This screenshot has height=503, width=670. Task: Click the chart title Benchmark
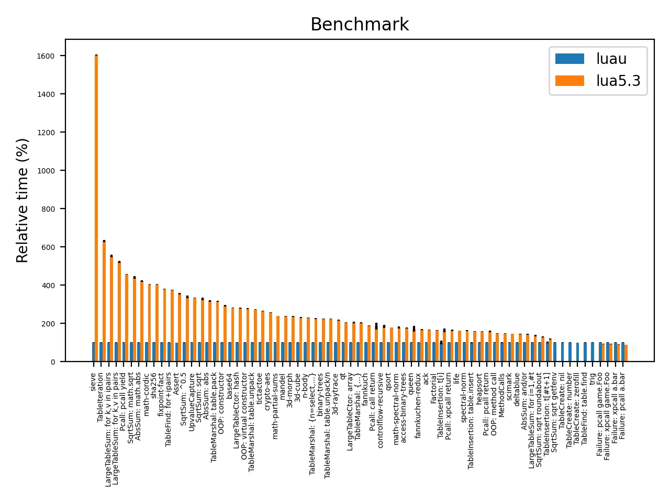[x=360, y=25]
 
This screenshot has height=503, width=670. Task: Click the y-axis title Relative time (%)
[x=23, y=200]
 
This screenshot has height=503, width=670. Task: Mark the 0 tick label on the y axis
[x=53, y=362]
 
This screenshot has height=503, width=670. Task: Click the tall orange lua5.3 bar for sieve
[x=96, y=210]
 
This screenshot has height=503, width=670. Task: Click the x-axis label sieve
[x=94, y=382]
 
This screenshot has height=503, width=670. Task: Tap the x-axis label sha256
[x=154, y=387]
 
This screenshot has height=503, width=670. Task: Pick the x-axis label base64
[x=230, y=386]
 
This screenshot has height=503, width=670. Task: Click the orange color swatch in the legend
[x=569, y=81]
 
